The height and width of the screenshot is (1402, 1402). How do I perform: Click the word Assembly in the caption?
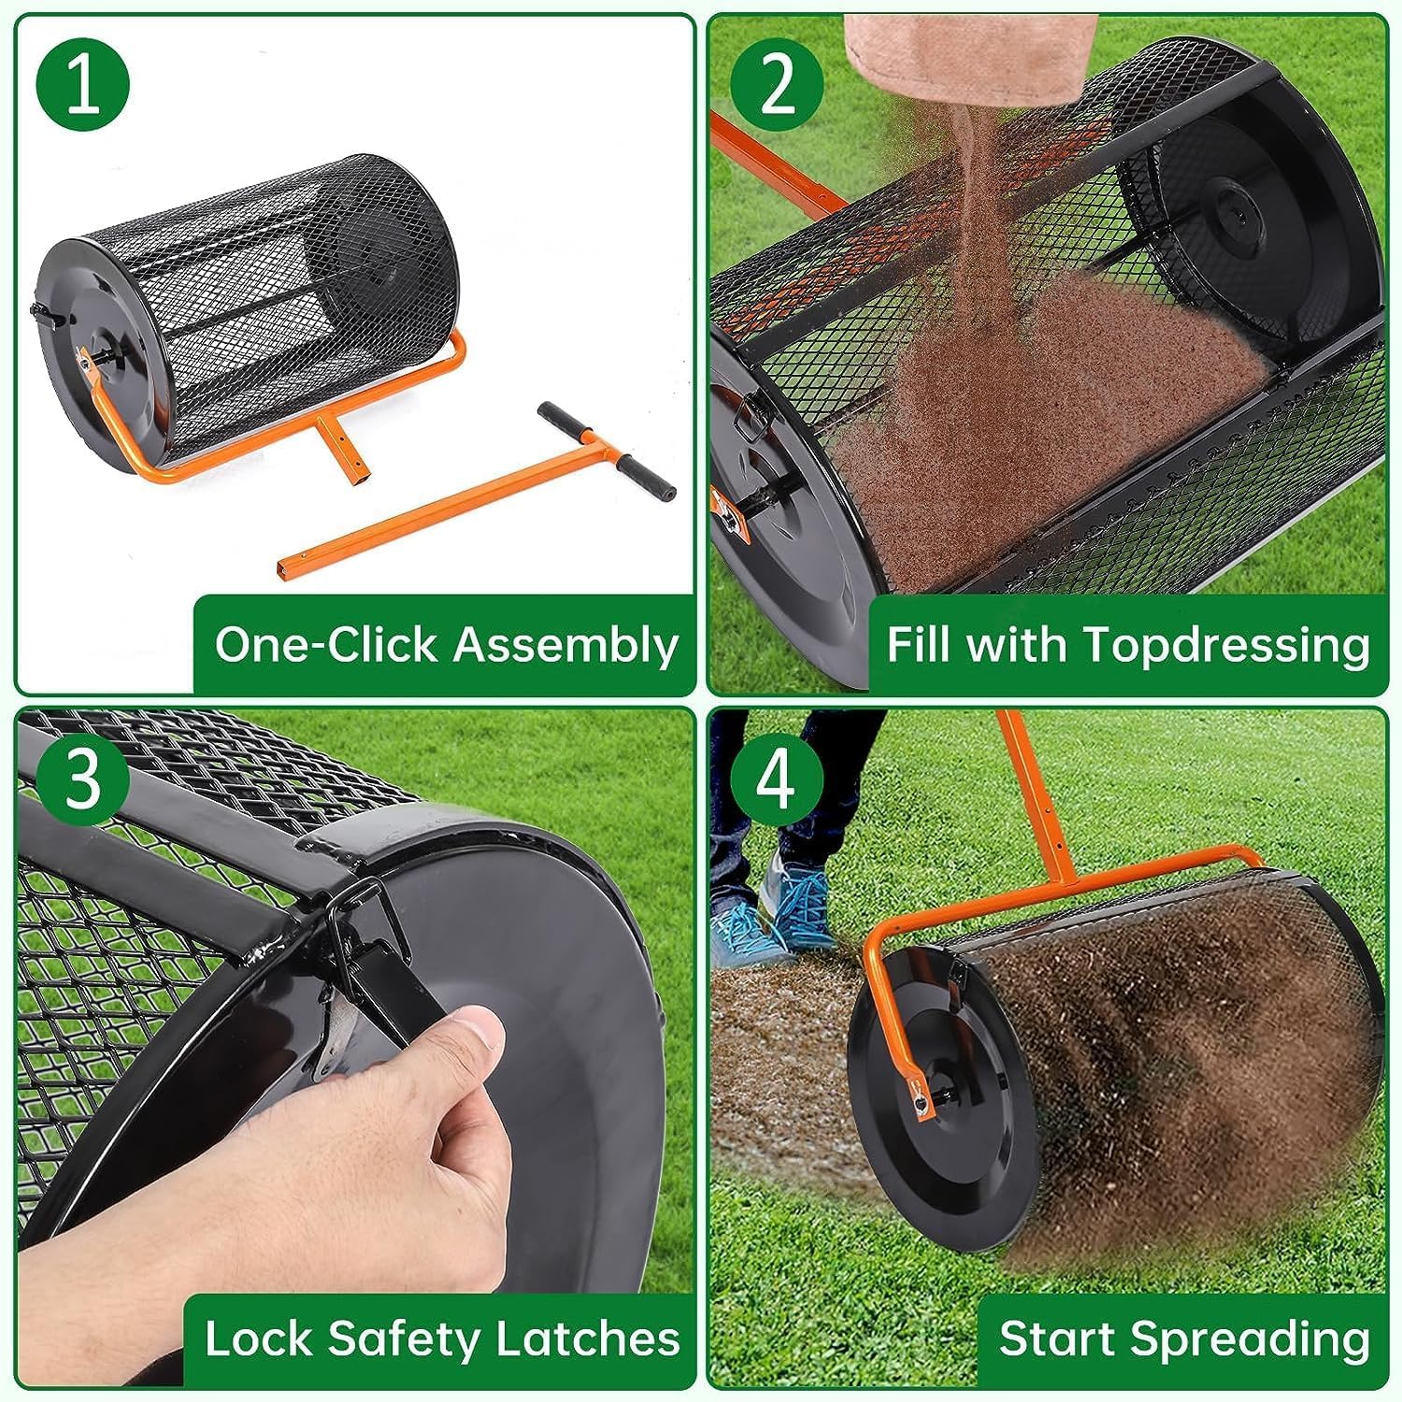click(565, 646)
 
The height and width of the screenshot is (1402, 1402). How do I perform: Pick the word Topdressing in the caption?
click(1225, 646)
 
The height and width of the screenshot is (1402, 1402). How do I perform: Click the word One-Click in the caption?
click(325, 646)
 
